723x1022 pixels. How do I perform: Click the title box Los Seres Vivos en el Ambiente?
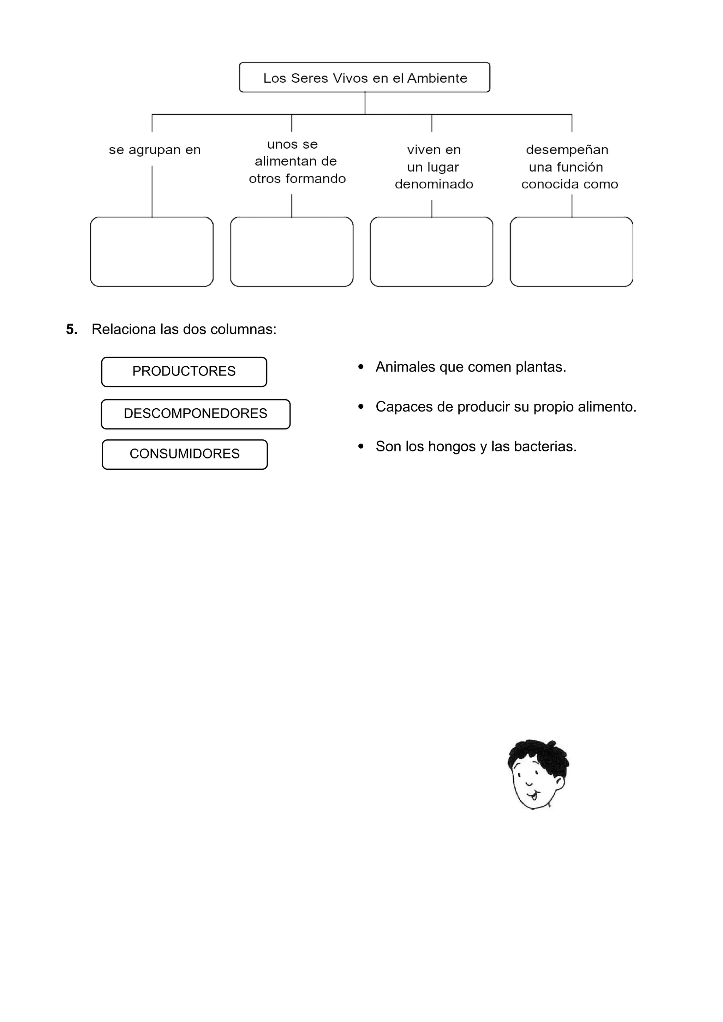[364, 77]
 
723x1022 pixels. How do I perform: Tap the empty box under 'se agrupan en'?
[152, 252]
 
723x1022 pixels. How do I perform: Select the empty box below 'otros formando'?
[292, 252]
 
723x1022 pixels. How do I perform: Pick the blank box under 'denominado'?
[431, 252]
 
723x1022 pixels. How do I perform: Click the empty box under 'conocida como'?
[571, 252]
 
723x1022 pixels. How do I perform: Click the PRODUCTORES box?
[184, 372]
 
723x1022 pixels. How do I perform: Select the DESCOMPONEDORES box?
[196, 414]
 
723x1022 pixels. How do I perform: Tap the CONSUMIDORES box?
[185, 455]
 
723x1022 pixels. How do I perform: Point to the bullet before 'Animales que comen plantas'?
[361, 367]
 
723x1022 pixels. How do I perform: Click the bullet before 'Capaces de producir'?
[361, 407]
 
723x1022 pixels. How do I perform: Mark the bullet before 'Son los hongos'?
[361, 446]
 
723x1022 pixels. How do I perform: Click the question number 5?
[71, 329]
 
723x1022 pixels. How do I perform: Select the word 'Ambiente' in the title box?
[437, 78]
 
